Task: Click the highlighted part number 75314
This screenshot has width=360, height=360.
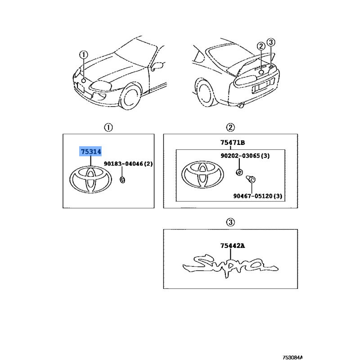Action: tap(91, 152)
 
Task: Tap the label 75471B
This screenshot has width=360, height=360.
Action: tap(233, 143)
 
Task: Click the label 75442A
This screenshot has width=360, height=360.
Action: tap(233, 246)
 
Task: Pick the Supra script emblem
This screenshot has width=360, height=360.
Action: tap(230, 266)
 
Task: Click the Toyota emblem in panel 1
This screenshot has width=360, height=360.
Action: tap(91, 180)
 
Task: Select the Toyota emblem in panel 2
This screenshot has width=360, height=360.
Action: tap(202, 175)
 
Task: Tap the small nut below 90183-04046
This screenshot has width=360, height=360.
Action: tap(122, 180)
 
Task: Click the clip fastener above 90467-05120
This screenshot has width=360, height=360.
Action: tap(251, 179)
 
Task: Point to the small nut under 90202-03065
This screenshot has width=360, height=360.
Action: tap(239, 172)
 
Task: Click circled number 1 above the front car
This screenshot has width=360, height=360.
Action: tap(84, 55)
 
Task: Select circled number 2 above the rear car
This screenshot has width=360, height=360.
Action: tap(261, 46)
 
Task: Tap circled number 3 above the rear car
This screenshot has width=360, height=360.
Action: tap(271, 42)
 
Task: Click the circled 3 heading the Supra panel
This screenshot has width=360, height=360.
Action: tap(230, 222)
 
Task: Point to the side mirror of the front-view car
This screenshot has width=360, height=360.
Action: tap(157, 66)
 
